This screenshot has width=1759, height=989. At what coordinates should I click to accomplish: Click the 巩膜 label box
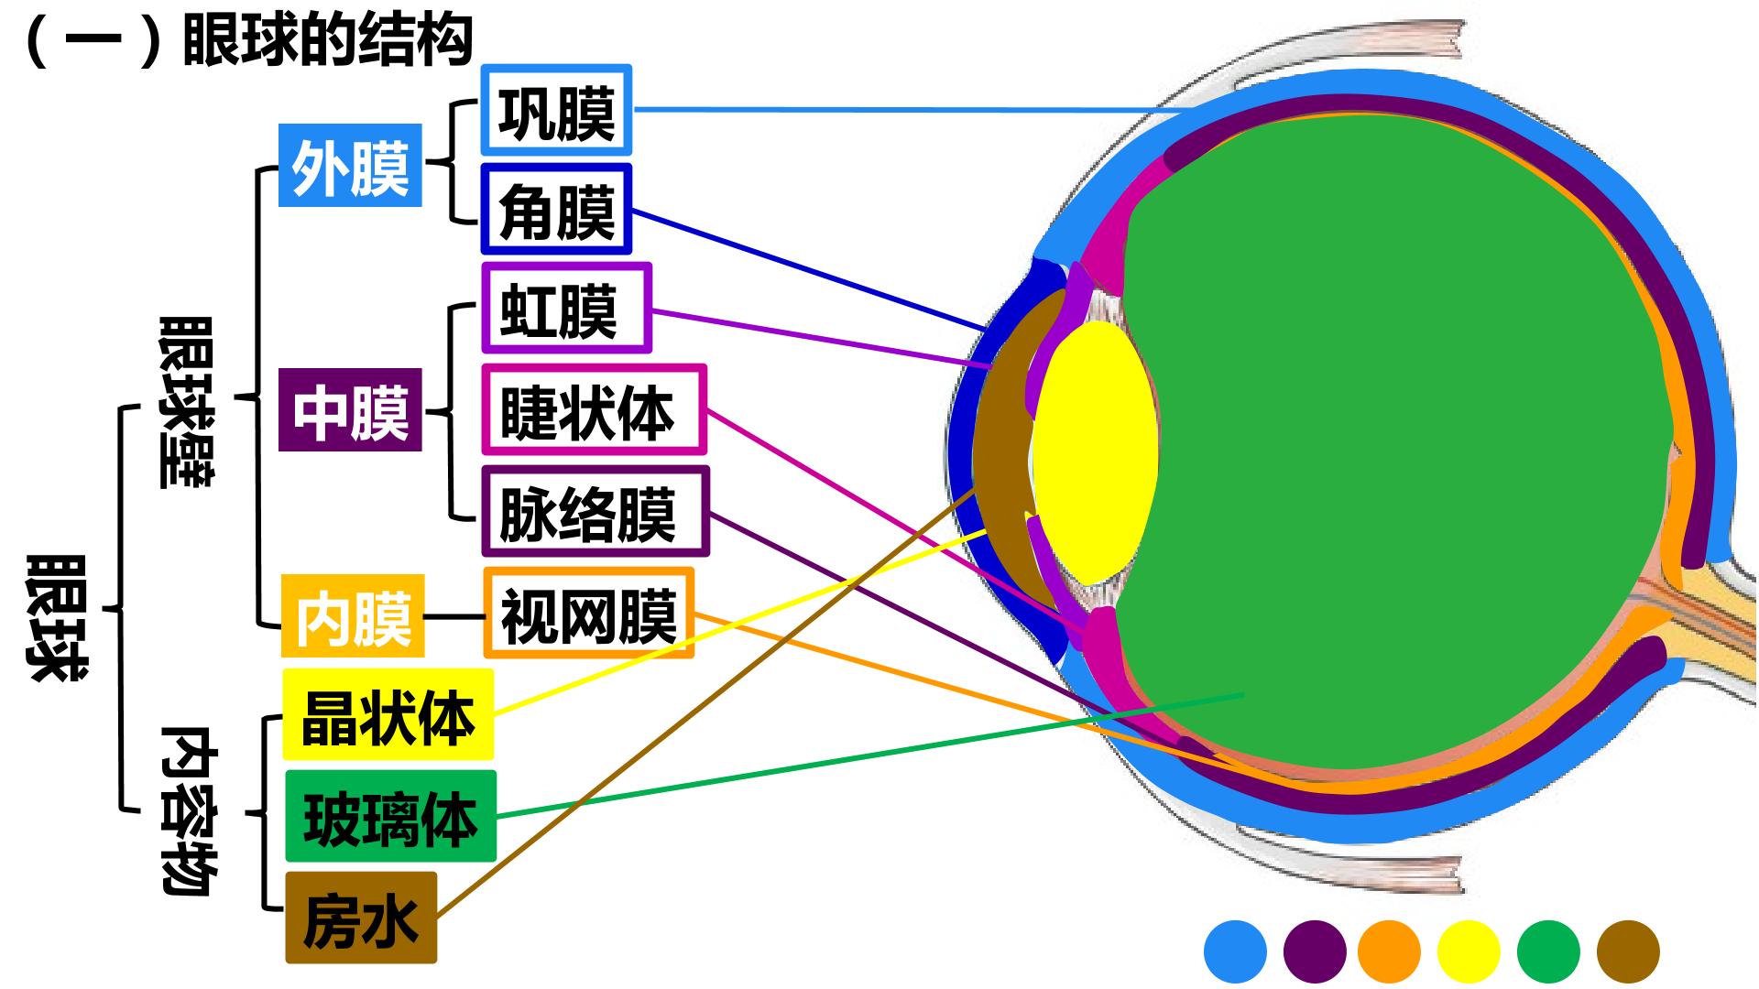tap(556, 110)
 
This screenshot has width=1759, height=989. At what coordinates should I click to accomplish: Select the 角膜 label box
tap(556, 210)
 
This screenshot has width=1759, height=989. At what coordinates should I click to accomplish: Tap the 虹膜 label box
tap(566, 309)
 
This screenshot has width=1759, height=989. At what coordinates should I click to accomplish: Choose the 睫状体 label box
tap(594, 410)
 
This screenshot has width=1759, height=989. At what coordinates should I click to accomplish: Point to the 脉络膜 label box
tap(595, 512)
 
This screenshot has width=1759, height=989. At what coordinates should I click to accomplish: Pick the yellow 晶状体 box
tap(388, 714)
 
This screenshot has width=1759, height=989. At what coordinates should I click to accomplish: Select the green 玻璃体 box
tap(390, 816)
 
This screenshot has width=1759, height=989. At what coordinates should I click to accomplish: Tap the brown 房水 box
tap(361, 918)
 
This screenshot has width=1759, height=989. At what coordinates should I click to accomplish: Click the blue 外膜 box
tap(350, 166)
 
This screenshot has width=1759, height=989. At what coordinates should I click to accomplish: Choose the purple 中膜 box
tap(350, 410)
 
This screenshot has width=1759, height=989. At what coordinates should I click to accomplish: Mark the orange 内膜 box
tap(353, 615)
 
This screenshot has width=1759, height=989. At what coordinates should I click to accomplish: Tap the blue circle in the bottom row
tap(1235, 951)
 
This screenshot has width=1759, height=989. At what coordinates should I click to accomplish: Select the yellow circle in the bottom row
tap(1469, 951)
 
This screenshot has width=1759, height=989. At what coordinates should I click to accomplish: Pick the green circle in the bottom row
tap(1548, 951)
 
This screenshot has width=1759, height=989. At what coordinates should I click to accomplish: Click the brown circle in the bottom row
tap(1628, 951)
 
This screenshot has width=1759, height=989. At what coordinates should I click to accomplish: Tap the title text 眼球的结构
tap(327, 39)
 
